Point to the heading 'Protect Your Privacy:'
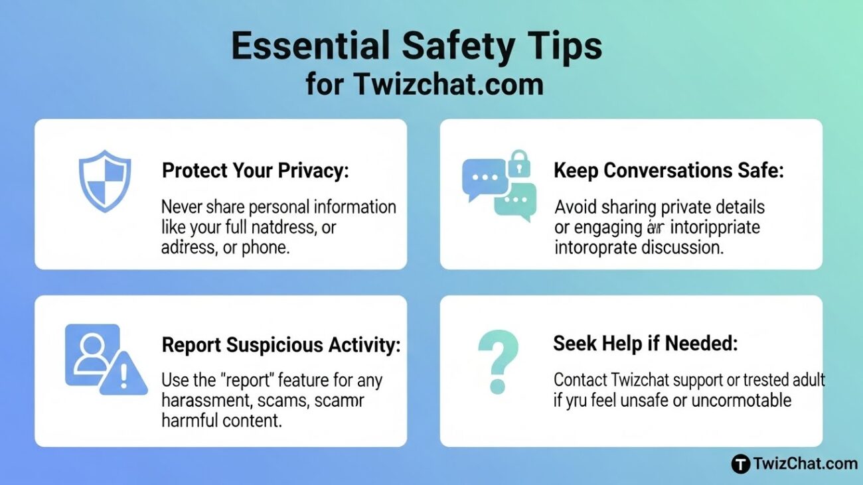click(256, 171)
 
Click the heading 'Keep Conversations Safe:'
click(668, 171)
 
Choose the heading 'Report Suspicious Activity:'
click(281, 345)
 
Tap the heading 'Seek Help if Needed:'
click(645, 343)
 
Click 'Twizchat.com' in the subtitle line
click(448, 84)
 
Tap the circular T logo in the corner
click(740, 464)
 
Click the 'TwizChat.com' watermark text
click(805, 464)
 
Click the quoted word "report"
click(243, 381)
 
